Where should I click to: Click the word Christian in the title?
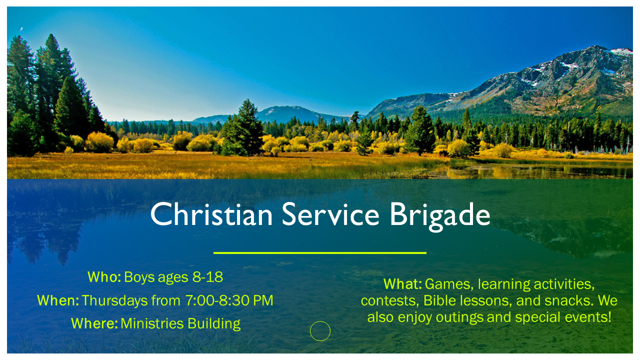click(x=211, y=214)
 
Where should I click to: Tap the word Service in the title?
click(x=330, y=214)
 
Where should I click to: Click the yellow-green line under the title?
click(x=320, y=253)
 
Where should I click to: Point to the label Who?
click(x=104, y=277)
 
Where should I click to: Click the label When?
click(x=58, y=300)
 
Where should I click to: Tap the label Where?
click(x=94, y=323)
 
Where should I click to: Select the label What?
click(x=402, y=284)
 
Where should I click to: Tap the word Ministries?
click(x=152, y=323)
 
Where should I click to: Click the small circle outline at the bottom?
click(x=320, y=331)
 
